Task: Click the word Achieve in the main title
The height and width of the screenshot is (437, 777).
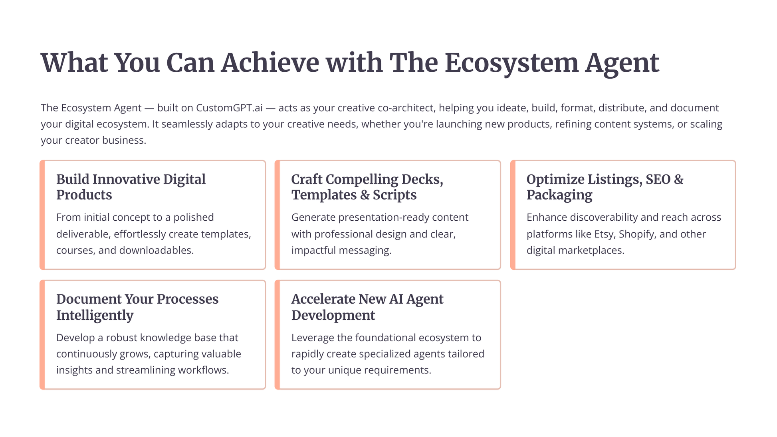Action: [270, 63]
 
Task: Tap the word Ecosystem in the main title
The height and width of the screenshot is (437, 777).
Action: [511, 63]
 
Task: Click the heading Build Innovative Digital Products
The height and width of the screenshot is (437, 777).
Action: [131, 187]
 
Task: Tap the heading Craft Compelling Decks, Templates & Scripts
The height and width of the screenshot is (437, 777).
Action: [367, 187]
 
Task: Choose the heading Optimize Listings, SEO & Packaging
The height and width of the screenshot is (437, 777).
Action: [605, 187]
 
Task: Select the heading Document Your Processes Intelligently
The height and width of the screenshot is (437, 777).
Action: [137, 307]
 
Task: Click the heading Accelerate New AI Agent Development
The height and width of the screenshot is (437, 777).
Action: [367, 307]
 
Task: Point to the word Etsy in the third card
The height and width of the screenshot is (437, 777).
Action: [604, 234]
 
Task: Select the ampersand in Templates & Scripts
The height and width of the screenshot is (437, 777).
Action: [364, 195]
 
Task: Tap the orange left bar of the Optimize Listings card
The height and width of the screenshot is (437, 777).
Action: [513, 215]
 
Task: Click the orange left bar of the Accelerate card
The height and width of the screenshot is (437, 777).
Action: [277, 335]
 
